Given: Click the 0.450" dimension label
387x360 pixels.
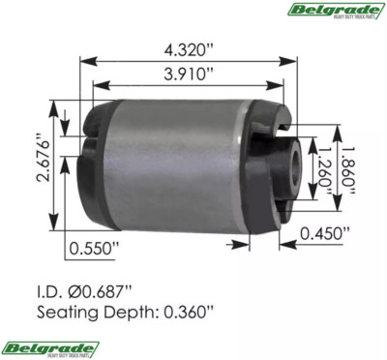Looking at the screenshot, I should (x=326, y=233).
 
